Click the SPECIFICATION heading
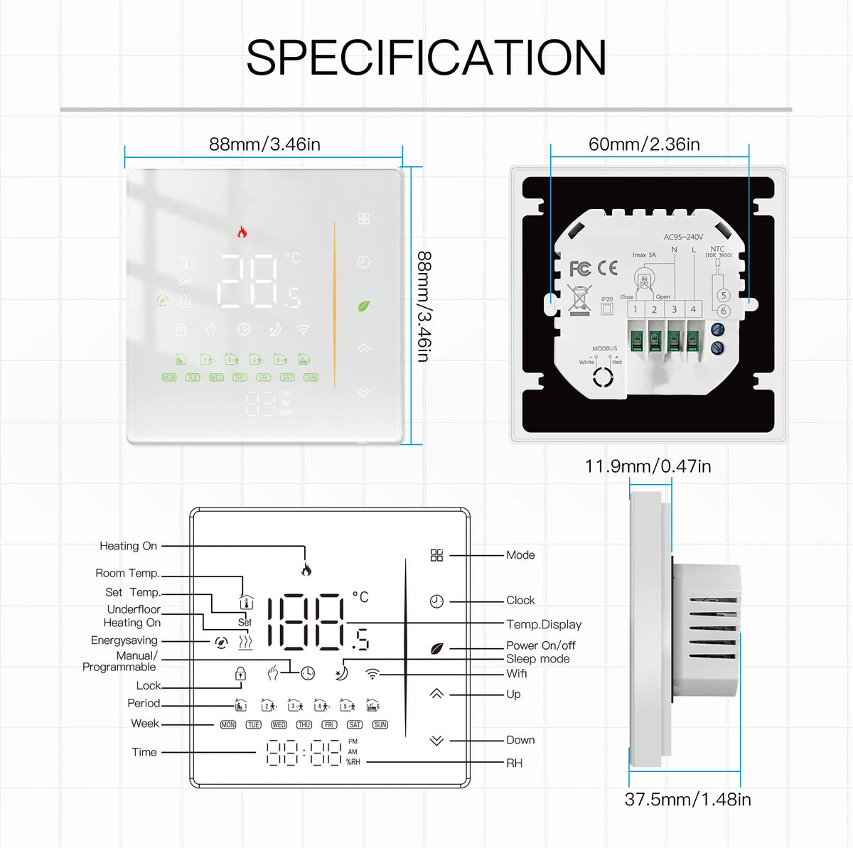pyautogui.click(x=426, y=58)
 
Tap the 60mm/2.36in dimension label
pyautogui.click(x=644, y=144)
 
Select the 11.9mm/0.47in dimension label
pyautogui.click(x=648, y=466)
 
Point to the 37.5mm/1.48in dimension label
pyautogui.click(x=687, y=799)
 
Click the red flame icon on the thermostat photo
pyautogui.click(x=242, y=232)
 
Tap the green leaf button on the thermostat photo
pyautogui.click(x=363, y=306)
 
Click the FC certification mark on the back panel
pyautogui.click(x=580, y=269)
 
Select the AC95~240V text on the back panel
pyautogui.click(x=683, y=237)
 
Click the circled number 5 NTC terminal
pyautogui.click(x=724, y=295)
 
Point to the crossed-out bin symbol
pyautogui.click(x=580, y=299)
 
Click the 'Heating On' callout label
pyautogui.click(x=128, y=546)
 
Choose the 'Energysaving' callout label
pyautogui.click(x=124, y=640)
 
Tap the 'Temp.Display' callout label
pyautogui.click(x=544, y=624)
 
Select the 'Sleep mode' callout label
pyautogui.click(x=537, y=659)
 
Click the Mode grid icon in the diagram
pyautogui.click(x=436, y=555)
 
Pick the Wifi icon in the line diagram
pyautogui.click(x=372, y=673)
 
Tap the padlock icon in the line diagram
pyautogui.click(x=240, y=673)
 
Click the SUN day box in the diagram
pyautogui.click(x=380, y=724)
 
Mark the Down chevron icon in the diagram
pyautogui.click(x=436, y=741)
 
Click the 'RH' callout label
pyautogui.click(x=514, y=763)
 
